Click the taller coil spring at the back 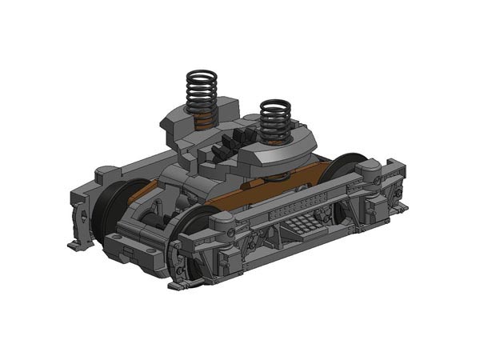(x=202, y=92)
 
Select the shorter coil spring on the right (x=276, y=120)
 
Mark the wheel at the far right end (x=344, y=180)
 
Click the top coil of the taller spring (x=202, y=75)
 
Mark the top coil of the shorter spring (x=276, y=104)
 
